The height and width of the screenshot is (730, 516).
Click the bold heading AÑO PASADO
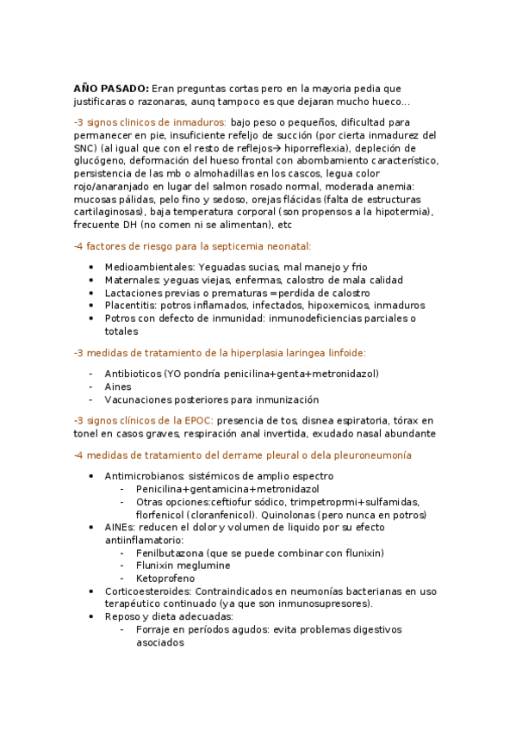[111, 88]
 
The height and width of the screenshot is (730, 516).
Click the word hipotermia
[404, 213]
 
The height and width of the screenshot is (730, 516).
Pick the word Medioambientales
[144, 267]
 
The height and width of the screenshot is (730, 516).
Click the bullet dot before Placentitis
[91, 306]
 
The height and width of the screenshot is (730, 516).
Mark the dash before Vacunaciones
[91, 399]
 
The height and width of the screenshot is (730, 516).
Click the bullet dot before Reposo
[91, 617]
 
